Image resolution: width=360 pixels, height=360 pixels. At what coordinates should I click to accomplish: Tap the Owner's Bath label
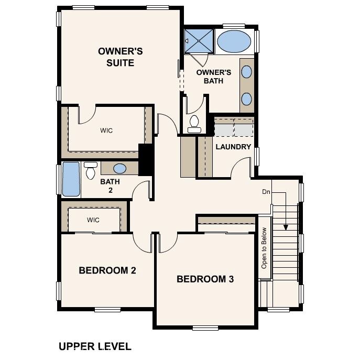click(213, 77)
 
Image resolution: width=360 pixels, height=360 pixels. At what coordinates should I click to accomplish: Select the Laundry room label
click(233, 147)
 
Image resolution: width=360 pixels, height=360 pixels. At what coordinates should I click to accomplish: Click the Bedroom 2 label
click(107, 270)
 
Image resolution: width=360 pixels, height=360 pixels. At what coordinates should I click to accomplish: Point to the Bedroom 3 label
click(205, 279)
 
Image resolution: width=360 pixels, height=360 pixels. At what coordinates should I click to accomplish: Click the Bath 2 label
click(110, 186)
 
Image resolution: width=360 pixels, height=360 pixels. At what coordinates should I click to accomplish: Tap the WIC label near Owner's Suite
click(106, 130)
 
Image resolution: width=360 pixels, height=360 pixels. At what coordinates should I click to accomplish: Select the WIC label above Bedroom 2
click(93, 220)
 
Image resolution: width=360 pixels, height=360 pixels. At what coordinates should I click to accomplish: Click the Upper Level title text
click(94, 346)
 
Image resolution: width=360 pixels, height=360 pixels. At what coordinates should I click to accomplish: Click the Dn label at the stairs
click(266, 192)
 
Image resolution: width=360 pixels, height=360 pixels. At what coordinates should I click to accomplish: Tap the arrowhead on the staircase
click(286, 227)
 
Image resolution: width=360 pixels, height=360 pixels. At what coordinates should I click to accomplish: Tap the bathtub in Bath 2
click(71, 180)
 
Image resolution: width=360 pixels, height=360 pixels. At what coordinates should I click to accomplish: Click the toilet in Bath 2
click(91, 169)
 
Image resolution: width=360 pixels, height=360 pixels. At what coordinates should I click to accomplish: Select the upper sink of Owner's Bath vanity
click(247, 72)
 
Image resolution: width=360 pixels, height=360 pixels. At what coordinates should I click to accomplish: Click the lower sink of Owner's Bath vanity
click(247, 98)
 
